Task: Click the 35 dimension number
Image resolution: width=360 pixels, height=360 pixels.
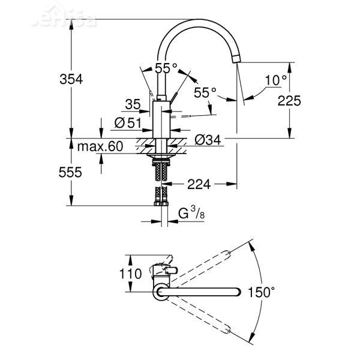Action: (133, 104)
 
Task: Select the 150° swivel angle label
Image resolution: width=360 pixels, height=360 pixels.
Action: (263, 293)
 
